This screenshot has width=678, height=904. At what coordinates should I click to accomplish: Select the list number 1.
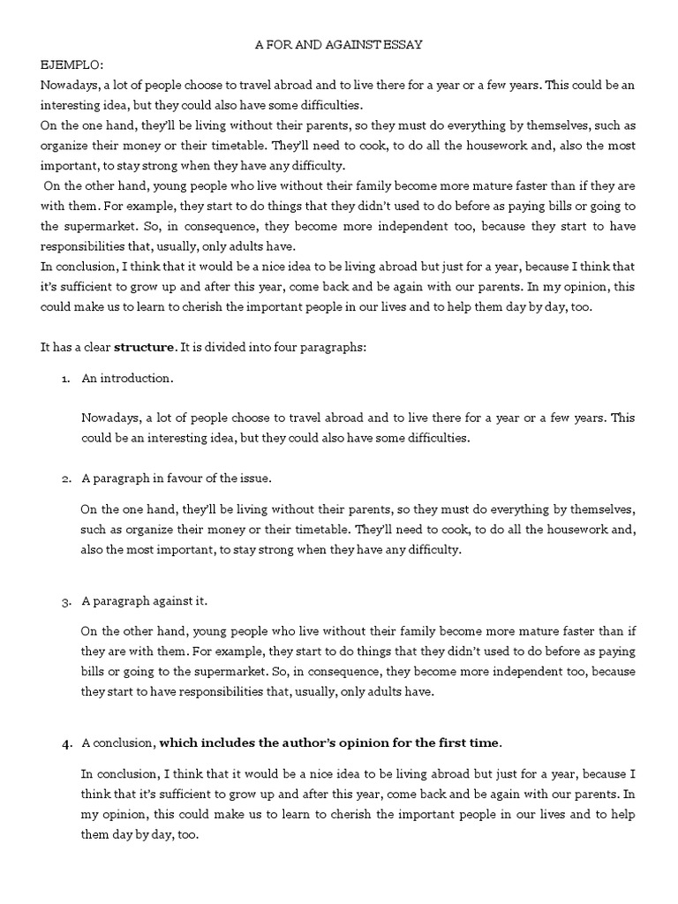[x=65, y=379]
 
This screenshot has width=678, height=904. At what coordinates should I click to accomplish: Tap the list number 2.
[x=65, y=479]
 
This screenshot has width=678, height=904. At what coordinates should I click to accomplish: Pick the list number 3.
[x=65, y=601]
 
